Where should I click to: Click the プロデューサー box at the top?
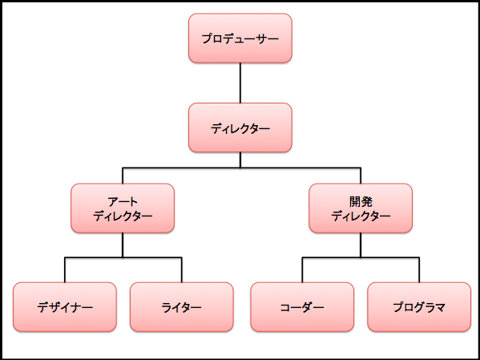240,38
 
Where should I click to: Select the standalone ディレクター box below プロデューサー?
240,127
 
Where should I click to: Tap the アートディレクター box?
123,208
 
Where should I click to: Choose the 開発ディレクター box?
361,208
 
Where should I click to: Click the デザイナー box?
65,307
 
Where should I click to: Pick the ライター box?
182,307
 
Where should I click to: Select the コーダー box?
302,307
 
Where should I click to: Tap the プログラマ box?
419,307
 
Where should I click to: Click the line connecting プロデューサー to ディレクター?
240,83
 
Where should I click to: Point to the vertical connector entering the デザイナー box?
65,270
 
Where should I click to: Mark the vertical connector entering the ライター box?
182,270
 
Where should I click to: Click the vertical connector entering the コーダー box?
302,270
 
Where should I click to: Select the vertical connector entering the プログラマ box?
419,270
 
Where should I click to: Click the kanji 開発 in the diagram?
361,201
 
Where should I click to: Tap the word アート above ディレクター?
123,202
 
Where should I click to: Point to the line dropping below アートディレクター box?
123,245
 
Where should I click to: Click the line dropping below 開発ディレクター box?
361,245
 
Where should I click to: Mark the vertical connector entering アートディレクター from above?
123,176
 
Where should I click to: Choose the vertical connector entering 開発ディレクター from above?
361,176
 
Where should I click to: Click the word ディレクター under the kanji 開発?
361,216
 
